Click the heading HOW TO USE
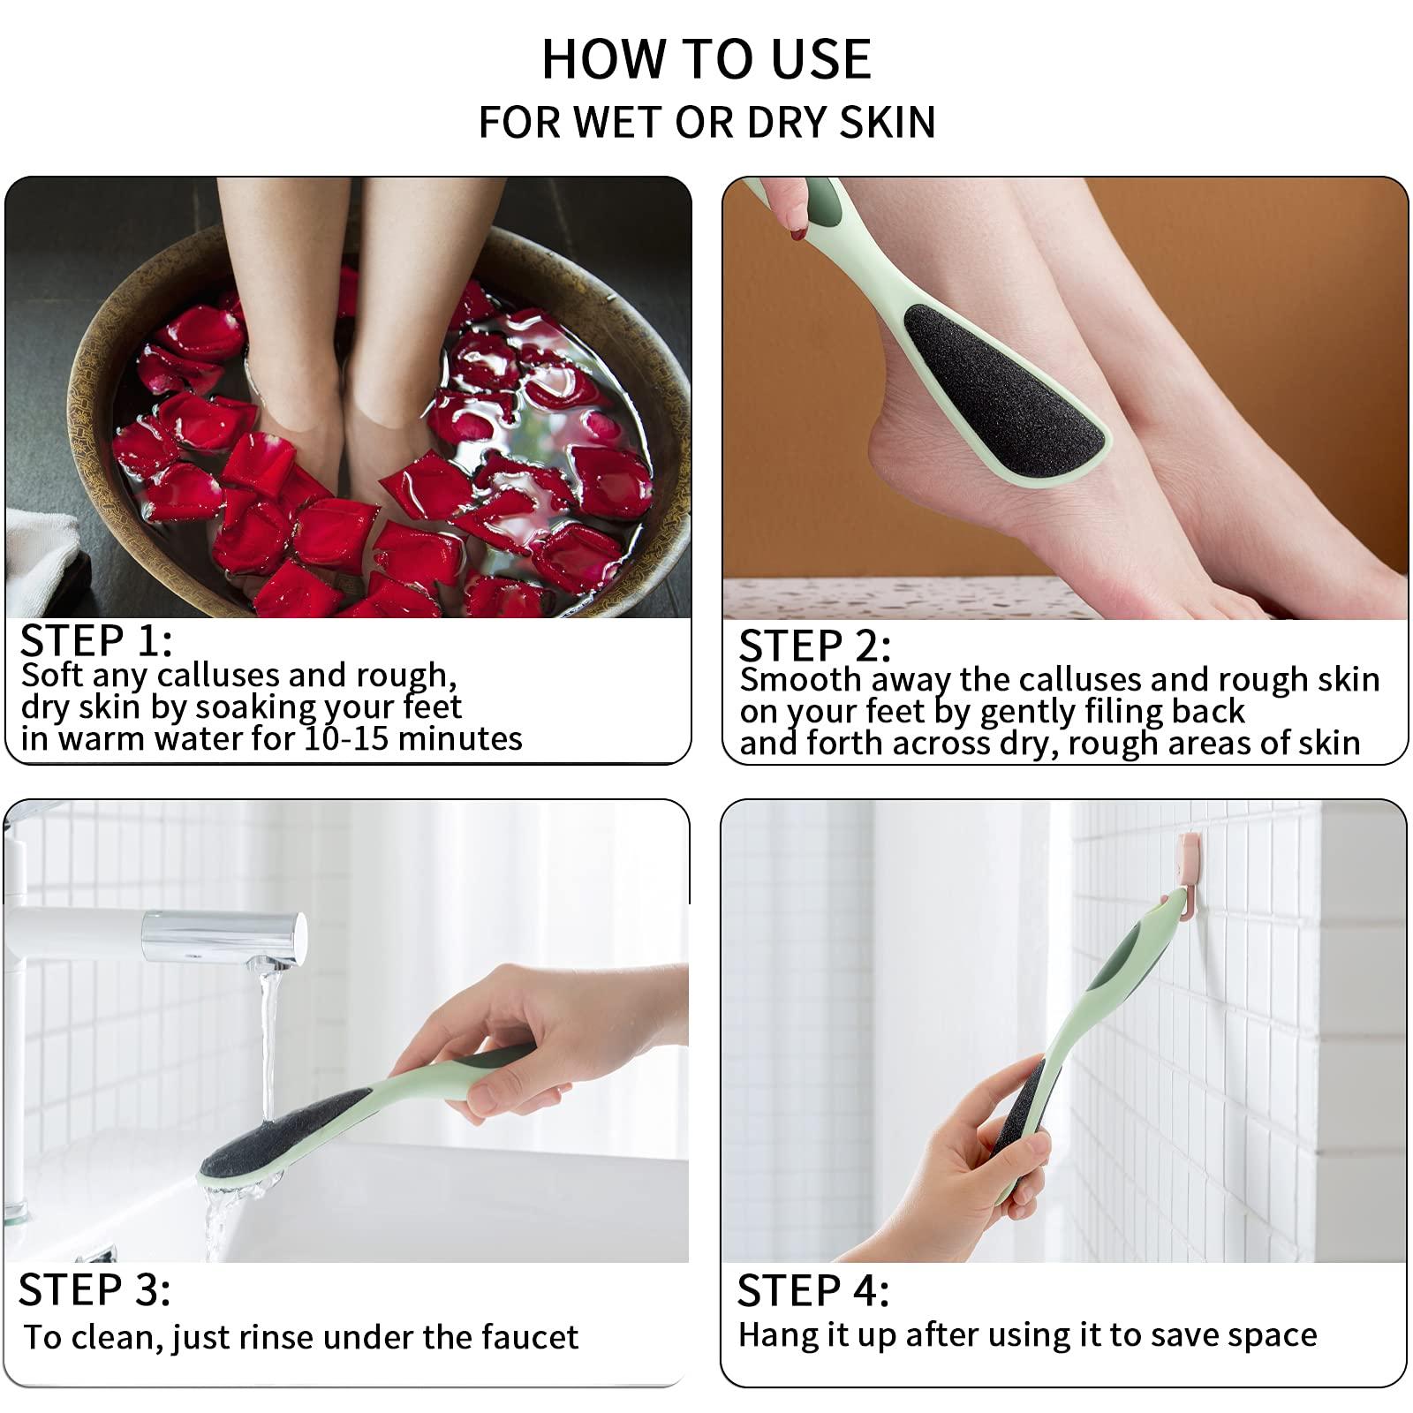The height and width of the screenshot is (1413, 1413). click(x=706, y=59)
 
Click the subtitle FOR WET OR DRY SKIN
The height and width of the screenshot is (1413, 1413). click(x=706, y=122)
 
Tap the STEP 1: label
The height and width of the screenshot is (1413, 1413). click(x=95, y=641)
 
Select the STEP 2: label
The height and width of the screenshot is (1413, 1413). click(x=814, y=646)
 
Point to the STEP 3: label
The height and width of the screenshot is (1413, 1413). click(x=94, y=1290)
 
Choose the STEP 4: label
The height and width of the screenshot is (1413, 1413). click(x=813, y=1291)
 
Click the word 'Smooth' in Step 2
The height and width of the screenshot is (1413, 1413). click(x=799, y=680)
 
